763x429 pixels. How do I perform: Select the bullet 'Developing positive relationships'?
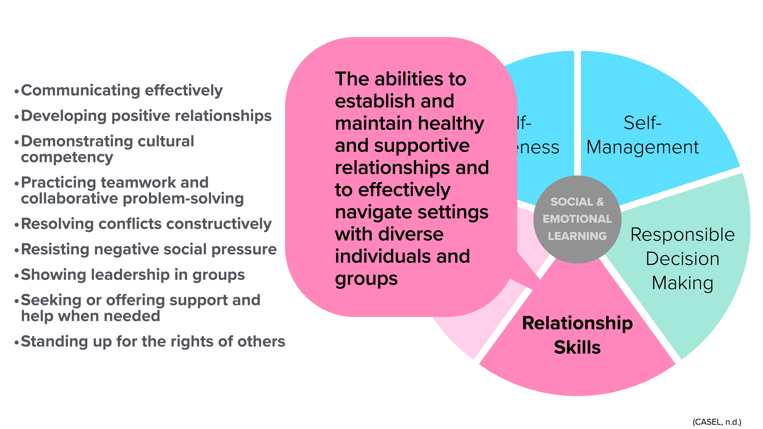[146, 116]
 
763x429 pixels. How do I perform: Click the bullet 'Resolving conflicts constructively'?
[146, 224]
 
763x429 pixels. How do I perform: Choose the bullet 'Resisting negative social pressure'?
[149, 249]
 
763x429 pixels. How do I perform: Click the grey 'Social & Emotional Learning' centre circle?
[577, 219]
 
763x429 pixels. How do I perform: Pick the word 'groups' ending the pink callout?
[366, 279]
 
